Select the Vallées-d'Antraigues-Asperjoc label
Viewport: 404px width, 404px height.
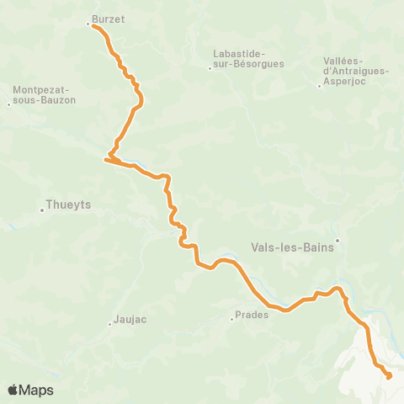pyautogui.click(x=356, y=66)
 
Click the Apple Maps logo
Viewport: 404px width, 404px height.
pyautogui.click(x=13, y=390)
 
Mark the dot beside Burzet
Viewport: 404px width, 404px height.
pyautogui.click(x=88, y=24)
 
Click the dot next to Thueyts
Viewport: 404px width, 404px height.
pyautogui.click(x=41, y=210)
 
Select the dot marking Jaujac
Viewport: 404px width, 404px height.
pyautogui.click(x=109, y=324)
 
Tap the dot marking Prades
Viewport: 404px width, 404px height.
pyautogui.click(x=231, y=319)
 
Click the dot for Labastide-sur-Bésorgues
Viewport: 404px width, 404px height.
pyautogui.click(x=210, y=67)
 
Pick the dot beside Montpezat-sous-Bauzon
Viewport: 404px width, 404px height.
pyautogui.click(x=8, y=104)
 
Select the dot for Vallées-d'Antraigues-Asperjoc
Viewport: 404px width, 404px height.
pyautogui.click(x=319, y=85)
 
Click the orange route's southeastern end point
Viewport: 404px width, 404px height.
pyautogui.click(x=389, y=377)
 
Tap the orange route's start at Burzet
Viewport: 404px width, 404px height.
pyautogui.click(x=93, y=27)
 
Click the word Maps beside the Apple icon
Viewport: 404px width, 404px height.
pyautogui.click(x=36, y=391)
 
